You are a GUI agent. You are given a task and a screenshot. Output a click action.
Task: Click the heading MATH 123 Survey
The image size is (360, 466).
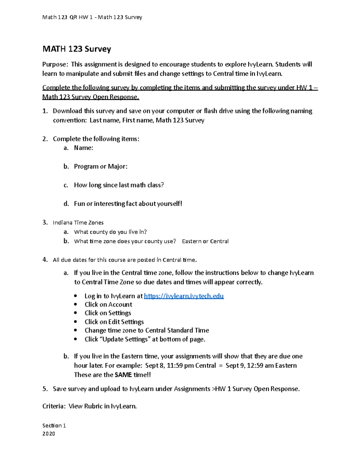(x=76, y=49)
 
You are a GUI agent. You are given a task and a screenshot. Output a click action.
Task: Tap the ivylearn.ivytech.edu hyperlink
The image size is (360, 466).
(x=184, y=296)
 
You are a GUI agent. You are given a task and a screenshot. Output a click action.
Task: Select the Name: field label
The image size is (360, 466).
(x=83, y=148)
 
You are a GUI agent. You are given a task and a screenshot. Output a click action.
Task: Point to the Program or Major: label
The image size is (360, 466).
(x=100, y=167)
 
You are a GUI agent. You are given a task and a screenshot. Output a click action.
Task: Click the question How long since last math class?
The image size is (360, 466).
(x=119, y=185)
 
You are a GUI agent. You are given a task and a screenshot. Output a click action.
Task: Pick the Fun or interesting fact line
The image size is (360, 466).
(x=128, y=204)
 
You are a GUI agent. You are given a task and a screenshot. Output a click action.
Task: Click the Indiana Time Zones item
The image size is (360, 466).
(x=78, y=223)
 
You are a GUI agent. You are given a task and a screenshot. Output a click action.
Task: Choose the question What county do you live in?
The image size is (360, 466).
(x=110, y=232)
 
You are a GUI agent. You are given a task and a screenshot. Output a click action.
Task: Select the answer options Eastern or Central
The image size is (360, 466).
(x=205, y=241)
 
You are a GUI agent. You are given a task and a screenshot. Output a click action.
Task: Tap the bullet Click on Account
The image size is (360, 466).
(x=108, y=305)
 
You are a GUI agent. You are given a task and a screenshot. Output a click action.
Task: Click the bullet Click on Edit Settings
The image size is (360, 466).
(x=114, y=322)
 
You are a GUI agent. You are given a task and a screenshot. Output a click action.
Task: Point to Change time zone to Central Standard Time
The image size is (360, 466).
(x=147, y=330)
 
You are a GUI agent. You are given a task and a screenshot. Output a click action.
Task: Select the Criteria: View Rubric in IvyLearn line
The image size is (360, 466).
(x=89, y=406)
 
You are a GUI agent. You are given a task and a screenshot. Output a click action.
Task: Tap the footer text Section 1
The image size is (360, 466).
(x=54, y=425)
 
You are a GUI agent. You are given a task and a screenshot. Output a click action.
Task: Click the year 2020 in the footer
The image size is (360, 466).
(x=49, y=434)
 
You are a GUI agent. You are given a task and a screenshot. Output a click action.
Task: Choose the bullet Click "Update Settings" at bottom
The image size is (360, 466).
(x=145, y=339)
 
